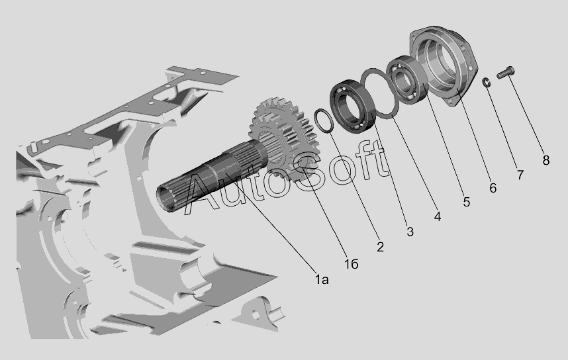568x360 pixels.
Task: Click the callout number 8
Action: [x=546, y=160]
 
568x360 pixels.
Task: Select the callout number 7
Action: [x=520, y=175]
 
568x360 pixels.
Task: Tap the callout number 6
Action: [x=493, y=187]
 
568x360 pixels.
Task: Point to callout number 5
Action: [x=466, y=202]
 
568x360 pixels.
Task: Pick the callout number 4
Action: [x=437, y=216]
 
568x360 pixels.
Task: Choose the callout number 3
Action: [x=410, y=232]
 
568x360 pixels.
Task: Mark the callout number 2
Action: [x=380, y=247]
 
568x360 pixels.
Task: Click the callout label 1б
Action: [x=351, y=264]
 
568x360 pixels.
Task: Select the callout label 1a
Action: [x=321, y=279]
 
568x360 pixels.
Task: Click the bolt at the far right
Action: [x=506, y=73]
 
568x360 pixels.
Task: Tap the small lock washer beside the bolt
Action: [x=487, y=82]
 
